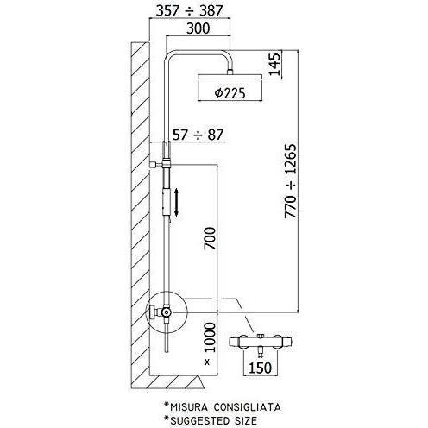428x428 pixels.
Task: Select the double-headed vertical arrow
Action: (x=177, y=203)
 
